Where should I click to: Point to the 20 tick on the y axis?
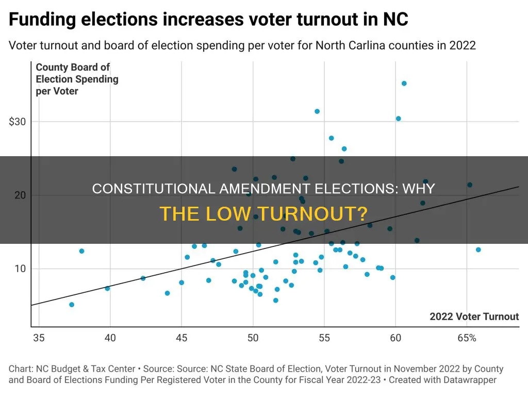tap(19, 195)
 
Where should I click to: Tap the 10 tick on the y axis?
tap(19, 269)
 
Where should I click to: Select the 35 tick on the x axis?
tap(38, 338)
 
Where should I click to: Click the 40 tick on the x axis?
tap(110, 338)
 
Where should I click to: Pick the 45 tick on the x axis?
tap(181, 338)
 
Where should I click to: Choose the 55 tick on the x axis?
tap(324, 338)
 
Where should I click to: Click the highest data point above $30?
tap(404, 84)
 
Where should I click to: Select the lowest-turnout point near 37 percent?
tap(72, 305)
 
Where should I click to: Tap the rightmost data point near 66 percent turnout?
tap(478, 249)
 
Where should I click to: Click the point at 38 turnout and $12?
tap(81, 251)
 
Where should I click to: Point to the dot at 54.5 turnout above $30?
tap(317, 111)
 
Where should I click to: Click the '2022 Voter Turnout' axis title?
tap(474, 316)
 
